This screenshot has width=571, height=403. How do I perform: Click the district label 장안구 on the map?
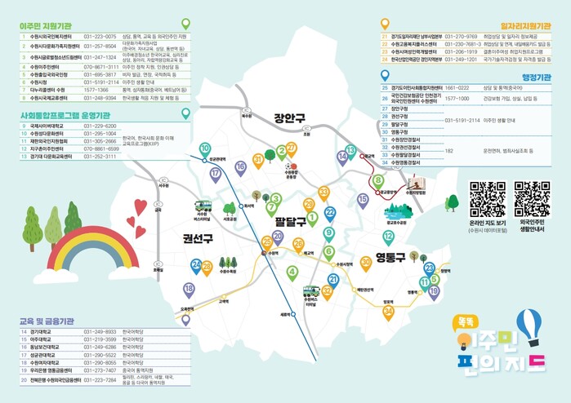click(289, 117)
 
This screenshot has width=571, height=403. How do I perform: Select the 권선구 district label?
click(198, 238)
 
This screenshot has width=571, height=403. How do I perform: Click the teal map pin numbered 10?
click(204, 148)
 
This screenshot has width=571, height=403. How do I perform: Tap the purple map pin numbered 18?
click(190, 289)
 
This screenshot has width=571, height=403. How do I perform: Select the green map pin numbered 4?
click(292, 272)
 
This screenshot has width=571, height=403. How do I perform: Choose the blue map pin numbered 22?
click(330, 214)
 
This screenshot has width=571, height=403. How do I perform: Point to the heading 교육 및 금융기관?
click(51, 321)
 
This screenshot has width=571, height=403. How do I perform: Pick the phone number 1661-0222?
click(457, 86)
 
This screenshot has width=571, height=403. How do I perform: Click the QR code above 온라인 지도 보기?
click(488, 197)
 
